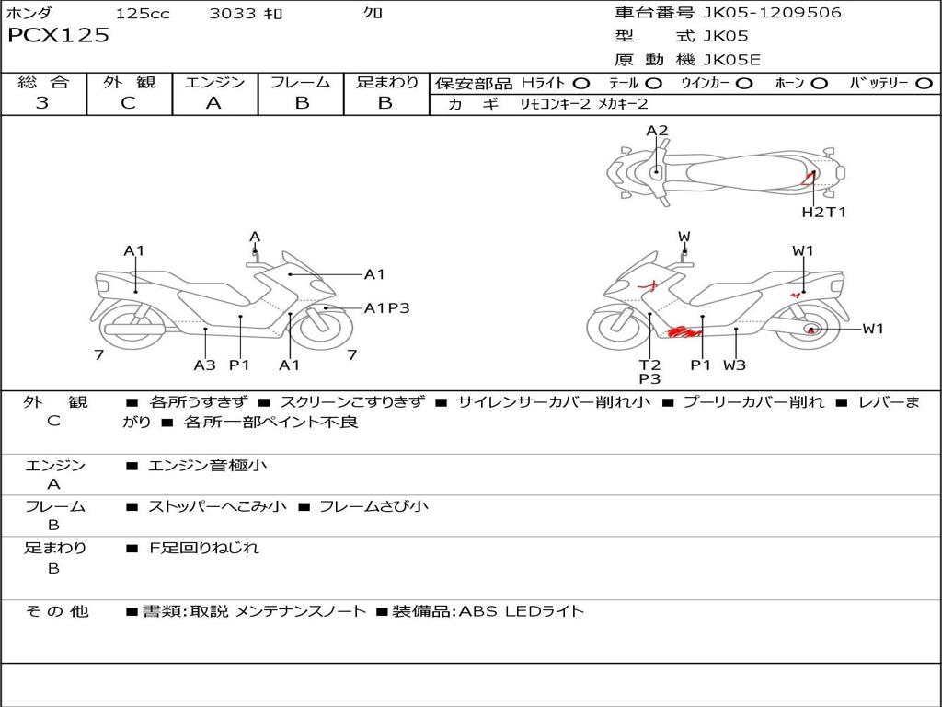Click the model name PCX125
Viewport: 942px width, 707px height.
(58, 36)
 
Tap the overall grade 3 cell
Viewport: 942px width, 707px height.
(42, 103)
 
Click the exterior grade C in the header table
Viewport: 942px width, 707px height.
(128, 103)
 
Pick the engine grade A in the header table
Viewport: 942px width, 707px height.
(213, 103)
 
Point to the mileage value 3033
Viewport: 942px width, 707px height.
(233, 14)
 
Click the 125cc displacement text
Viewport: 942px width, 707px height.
(143, 14)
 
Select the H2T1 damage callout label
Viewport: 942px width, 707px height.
(823, 213)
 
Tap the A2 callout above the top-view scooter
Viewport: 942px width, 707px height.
(657, 131)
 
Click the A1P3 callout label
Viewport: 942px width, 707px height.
(386, 308)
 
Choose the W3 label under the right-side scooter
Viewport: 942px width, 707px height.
(734, 365)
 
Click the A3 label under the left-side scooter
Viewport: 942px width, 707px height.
(204, 365)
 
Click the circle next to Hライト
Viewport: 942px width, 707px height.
(581, 84)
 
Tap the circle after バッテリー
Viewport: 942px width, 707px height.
(924, 84)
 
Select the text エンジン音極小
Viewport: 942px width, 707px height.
(207, 466)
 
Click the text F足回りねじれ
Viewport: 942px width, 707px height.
(204, 548)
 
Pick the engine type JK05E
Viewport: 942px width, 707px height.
(732, 60)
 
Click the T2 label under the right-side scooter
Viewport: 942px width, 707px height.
(649, 365)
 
